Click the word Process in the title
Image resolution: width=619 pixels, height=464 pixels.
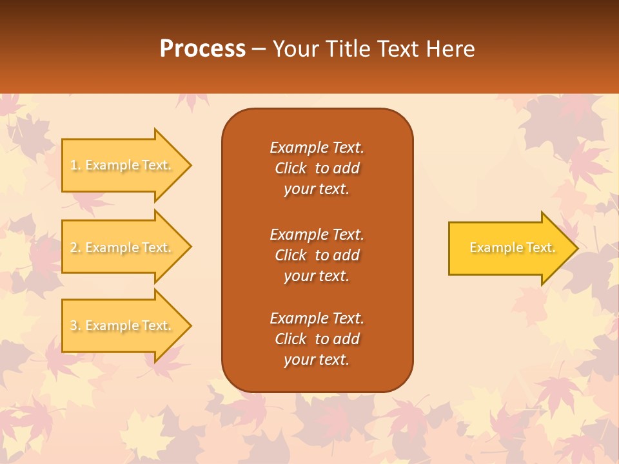pyautogui.click(x=202, y=49)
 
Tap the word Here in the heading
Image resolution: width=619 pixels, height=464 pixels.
pyautogui.click(x=450, y=49)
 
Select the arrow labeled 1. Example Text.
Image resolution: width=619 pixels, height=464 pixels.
pyautogui.click(x=123, y=165)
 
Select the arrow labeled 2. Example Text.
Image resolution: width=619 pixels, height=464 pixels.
pyautogui.click(x=123, y=247)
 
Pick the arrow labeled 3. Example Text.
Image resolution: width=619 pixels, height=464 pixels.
pyautogui.click(x=123, y=325)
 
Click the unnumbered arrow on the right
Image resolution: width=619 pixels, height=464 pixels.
pyautogui.click(x=509, y=248)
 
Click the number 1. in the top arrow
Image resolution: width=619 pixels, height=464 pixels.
pyautogui.click(x=75, y=166)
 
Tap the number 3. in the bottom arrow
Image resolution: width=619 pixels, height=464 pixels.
pyautogui.click(x=75, y=326)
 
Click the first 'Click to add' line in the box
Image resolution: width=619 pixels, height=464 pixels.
pyautogui.click(x=317, y=168)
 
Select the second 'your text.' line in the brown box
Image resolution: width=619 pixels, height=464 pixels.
pyautogui.click(x=317, y=276)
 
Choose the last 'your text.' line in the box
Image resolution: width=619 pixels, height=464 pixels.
pyautogui.click(x=317, y=360)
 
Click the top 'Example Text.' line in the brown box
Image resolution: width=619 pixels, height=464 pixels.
pyautogui.click(x=317, y=148)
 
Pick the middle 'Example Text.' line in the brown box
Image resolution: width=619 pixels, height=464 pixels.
pyautogui.click(x=317, y=234)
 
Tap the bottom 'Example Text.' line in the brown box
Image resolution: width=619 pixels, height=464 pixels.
pyautogui.click(x=317, y=318)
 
